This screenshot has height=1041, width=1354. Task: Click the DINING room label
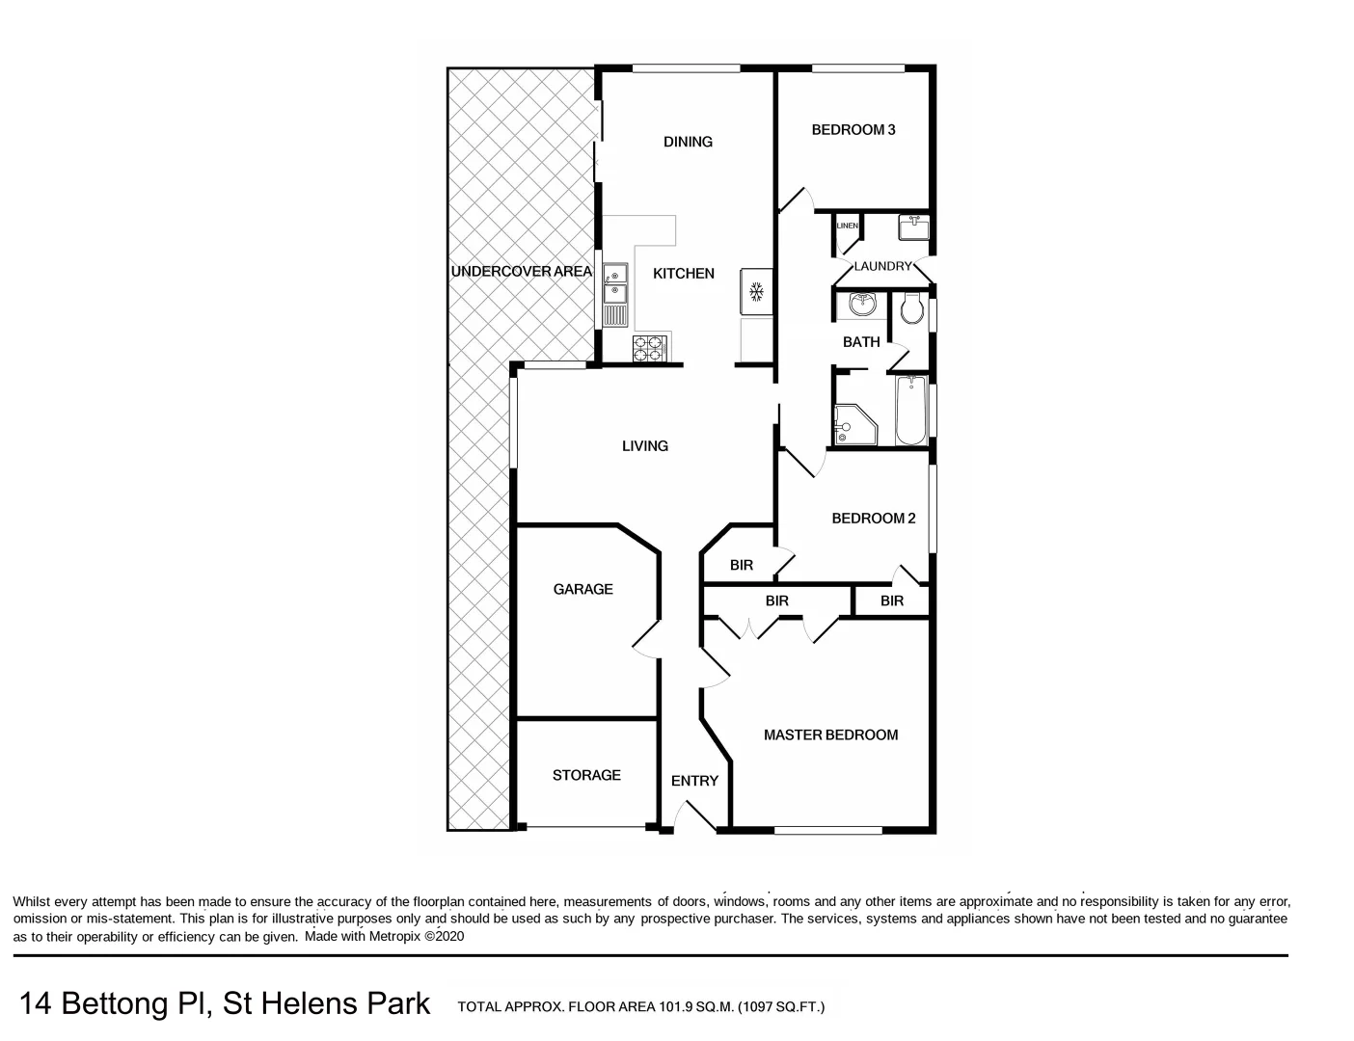click(688, 142)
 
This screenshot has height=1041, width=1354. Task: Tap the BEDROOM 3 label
click(853, 129)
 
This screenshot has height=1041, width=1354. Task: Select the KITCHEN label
click(684, 274)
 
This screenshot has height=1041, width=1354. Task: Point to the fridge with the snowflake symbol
click(756, 291)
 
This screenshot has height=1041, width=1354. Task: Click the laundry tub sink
click(912, 227)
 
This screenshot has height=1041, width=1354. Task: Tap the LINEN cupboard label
click(848, 226)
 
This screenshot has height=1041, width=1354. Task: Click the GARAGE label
click(582, 589)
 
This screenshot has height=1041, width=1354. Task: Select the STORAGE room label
click(586, 775)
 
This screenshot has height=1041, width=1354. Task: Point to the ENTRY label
click(694, 781)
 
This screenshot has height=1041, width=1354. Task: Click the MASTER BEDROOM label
click(830, 734)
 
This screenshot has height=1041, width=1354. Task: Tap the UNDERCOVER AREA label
click(521, 272)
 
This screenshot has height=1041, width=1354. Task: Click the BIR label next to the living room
click(741, 565)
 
